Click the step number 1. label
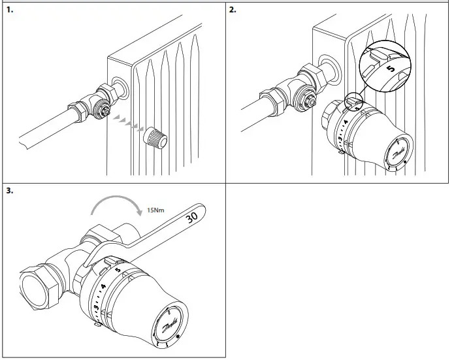8,11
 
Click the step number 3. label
8,191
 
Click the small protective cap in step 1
156,139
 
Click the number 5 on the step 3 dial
118,269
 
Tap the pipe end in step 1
23,139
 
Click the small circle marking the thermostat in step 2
351,100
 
